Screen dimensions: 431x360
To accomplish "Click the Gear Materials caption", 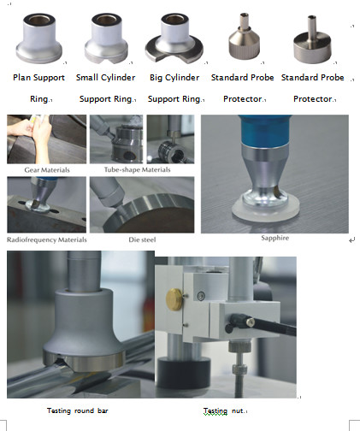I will pos(46,169).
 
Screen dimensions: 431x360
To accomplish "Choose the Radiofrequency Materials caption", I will pos(47,239).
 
